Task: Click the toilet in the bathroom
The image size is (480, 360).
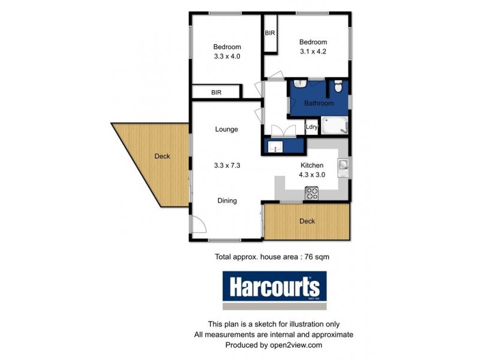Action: pyautogui.click(x=338, y=88)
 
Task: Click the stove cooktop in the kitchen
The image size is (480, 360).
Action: pyautogui.click(x=312, y=193)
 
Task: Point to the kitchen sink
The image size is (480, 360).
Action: pyautogui.click(x=343, y=166)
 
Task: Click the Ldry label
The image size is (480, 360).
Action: pyautogui.click(x=311, y=127)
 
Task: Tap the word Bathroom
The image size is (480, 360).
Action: pyautogui.click(x=319, y=103)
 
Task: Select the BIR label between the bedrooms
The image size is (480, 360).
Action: pyautogui.click(x=270, y=33)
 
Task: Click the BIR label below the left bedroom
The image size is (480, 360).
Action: pyautogui.click(x=216, y=92)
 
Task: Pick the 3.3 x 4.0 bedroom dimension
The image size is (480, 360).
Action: pyautogui.click(x=227, y=58)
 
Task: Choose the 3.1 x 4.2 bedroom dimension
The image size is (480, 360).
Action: pyautogui.click(x=313, y=52)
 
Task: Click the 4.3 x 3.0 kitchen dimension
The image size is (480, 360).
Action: pyautogui.click(x=312, y=175)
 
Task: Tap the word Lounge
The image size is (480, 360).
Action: pyautogui.click(x=227, y=129)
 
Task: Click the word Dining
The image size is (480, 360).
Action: pyautogui.click(x=227, y=201)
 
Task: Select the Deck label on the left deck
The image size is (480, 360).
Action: pyautogui.click(x=162, y=157)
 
